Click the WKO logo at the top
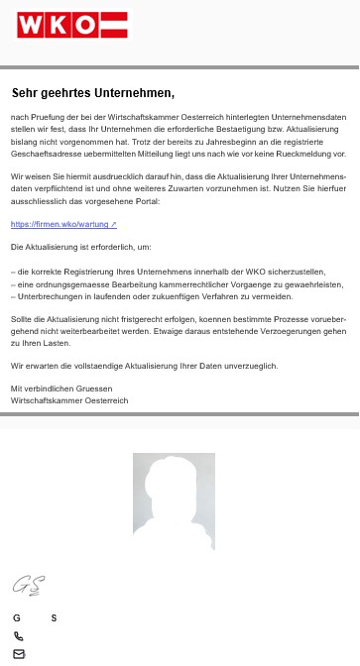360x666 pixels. (72, 25)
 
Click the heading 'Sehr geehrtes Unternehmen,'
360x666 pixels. (93, 93)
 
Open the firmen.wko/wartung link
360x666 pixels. (63, 224)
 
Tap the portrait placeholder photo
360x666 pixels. (174, 501)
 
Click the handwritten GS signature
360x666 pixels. (27, 585)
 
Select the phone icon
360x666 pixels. (18, 636)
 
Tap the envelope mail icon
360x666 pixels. (18, 653)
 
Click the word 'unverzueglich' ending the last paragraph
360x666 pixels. (247, 366)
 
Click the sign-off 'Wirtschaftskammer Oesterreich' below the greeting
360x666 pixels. (69, 400)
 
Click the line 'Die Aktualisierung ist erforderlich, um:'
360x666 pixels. (81, 246)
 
